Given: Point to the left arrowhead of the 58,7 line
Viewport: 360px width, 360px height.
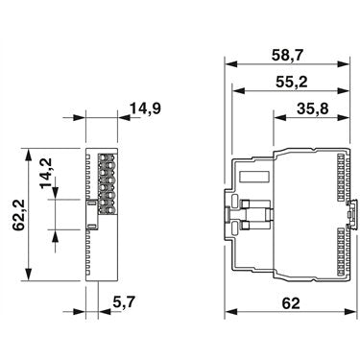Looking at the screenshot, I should coord(230,62).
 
